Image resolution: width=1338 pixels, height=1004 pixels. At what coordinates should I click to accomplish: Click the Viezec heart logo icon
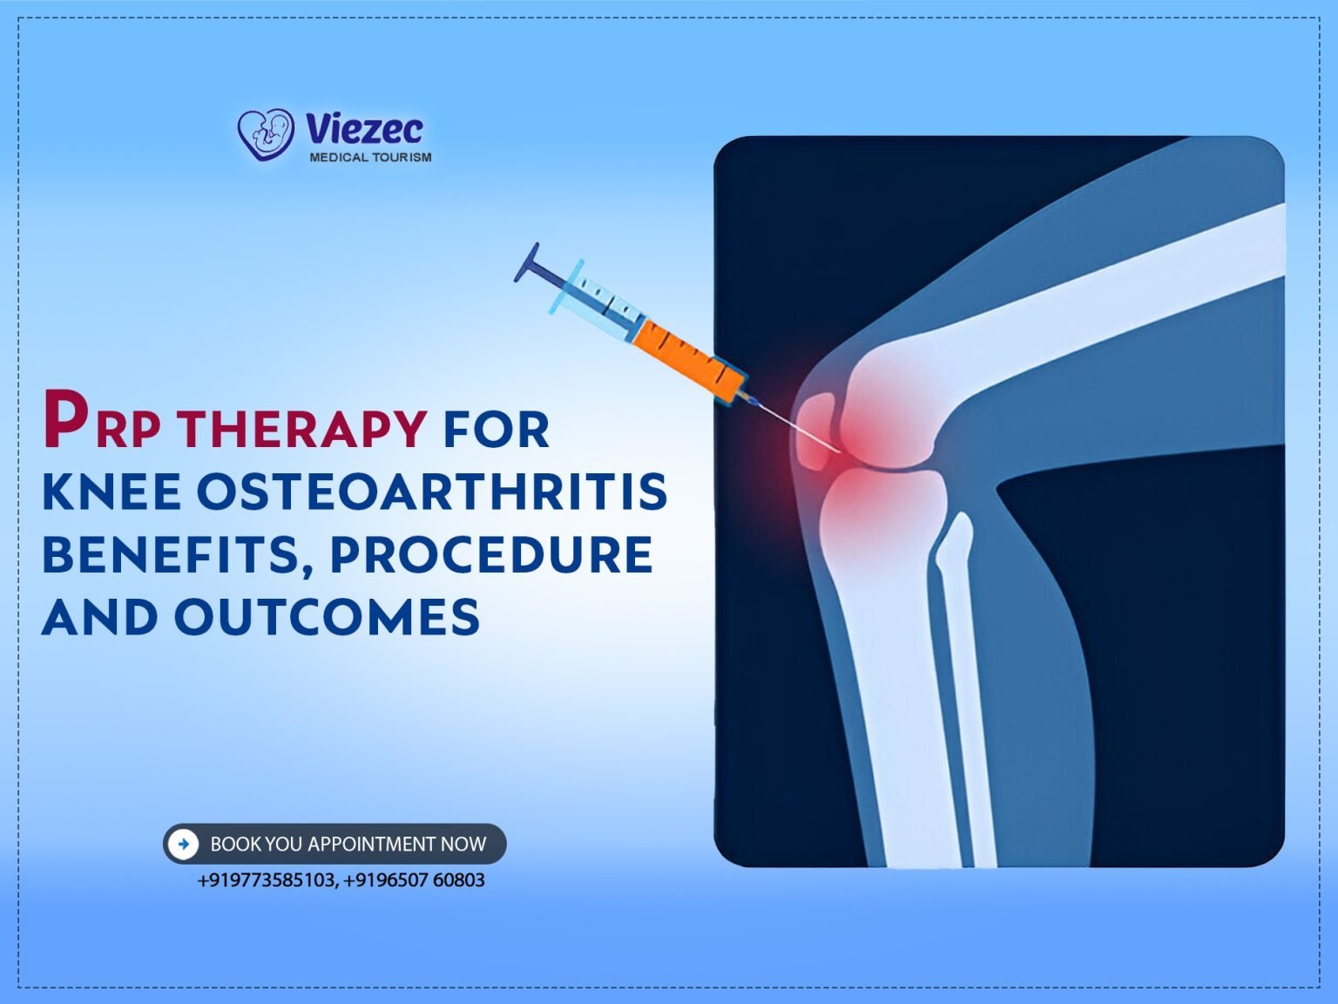pos(266,134)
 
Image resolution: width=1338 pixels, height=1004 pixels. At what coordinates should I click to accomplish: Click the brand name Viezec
pos(364,130)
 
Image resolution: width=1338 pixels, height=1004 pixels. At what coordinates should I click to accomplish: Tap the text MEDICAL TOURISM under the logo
pos(370,158)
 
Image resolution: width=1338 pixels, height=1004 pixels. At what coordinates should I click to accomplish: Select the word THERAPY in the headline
pos(301,429)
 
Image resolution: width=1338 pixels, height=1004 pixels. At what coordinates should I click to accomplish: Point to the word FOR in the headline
pos(497,429)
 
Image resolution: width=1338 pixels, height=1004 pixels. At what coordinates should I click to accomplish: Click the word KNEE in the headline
pos(111,492)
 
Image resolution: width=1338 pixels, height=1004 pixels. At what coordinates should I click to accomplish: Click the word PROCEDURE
pos(491,555)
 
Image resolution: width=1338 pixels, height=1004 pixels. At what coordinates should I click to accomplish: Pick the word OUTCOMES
pos(327,618)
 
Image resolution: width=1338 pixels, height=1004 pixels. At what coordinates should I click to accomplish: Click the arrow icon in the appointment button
pos(183,844)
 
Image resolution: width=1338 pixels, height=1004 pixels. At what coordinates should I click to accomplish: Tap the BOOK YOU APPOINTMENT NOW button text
pos(348,844)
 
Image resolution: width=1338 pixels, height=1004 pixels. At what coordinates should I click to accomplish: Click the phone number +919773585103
pos(266,880)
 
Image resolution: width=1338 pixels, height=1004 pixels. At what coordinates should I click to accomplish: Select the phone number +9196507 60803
pos(415,880)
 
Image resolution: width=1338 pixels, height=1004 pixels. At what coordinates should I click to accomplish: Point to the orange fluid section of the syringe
pos(688,358)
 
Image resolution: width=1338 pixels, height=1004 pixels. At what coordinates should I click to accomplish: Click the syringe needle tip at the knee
pos(838,451)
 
